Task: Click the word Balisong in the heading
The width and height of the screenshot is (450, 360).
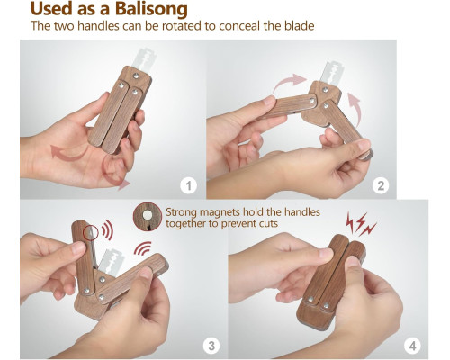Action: coord(151,9)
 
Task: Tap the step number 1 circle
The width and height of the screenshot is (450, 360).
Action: coord(188,185)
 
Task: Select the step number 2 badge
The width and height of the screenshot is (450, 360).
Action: coord(381,185)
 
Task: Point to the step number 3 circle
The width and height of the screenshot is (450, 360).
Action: coord(211,346)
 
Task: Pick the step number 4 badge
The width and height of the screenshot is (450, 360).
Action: coord(413,346)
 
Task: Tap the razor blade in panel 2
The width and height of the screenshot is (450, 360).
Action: coord(332,72)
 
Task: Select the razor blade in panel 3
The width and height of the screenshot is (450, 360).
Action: coord(111,263)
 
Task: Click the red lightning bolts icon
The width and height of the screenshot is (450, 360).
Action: coord(361,223)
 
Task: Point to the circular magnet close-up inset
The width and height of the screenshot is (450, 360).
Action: coord(148,216)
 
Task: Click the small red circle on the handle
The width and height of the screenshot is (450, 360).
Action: coord(91,233)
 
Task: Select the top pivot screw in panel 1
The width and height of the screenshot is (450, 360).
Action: coord(136,76)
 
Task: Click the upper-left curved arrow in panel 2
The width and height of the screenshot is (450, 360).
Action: coord(289,82)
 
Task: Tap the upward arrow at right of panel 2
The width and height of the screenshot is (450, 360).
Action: coord(355,110)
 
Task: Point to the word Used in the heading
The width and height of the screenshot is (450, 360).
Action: coord(52,9)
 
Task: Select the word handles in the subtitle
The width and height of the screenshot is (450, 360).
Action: coord(98,26)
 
